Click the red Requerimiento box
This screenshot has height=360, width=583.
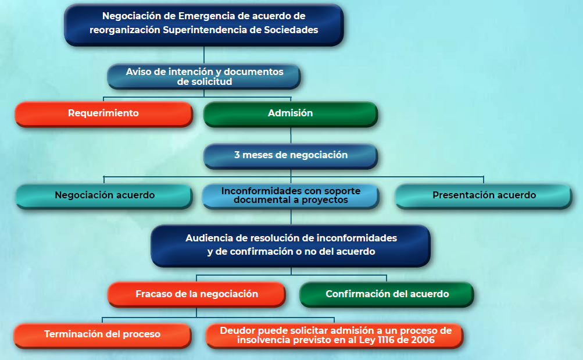(x=103, y=114)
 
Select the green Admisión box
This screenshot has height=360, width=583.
(x=291, y=114)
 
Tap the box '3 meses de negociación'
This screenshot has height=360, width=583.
(x=291, y=156)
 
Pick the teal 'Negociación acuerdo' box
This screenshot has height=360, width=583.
(x=104, y=196)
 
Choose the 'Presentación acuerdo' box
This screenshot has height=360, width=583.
(x=484, y=196)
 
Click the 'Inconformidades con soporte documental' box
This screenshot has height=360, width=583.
(x=291, y=196)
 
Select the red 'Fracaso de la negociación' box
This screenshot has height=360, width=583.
(x=196, y=294)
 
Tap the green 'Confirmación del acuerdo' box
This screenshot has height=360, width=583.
(x=387, y=294)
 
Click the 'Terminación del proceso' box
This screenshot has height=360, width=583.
(x=103, y=336)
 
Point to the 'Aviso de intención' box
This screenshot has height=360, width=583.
(x=204, y=77)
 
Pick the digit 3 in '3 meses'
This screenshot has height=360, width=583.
(x=237, y=155)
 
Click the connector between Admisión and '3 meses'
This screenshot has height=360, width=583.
(x=291, y=136)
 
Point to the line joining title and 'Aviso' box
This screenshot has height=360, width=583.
(x=204, y=55)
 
